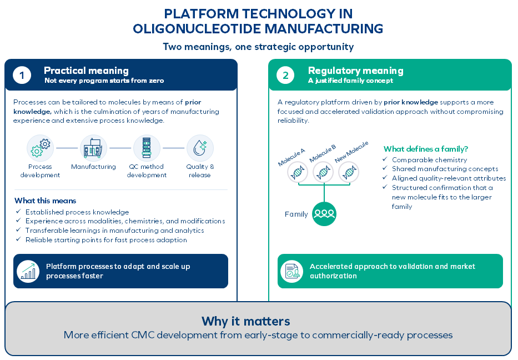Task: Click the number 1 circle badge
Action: tap(22, 75)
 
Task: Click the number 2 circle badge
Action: tap(285, 75)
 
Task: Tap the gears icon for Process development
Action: tap(41, 148)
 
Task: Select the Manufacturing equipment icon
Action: tap(93, 148)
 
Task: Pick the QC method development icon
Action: tap(147, 148)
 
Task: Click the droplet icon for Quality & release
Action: tap(200, 148)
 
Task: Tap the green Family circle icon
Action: tap(324, 214)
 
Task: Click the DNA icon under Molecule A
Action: tap(298, 172)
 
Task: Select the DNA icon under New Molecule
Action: tap(349, 172)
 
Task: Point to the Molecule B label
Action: tap(323, 153)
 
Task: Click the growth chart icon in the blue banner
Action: tap(28, 271)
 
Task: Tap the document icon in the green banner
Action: tap(291, 271)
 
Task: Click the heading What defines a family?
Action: tap(426, 149)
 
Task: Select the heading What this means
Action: tap(46, 201)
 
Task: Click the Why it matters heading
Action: tap(246, 321)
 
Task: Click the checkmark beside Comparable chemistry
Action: tap(385, 159)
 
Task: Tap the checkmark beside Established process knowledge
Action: tap(18, 211)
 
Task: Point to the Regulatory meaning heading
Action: tap(355, 71)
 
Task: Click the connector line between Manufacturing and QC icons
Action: tap(120, 148)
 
